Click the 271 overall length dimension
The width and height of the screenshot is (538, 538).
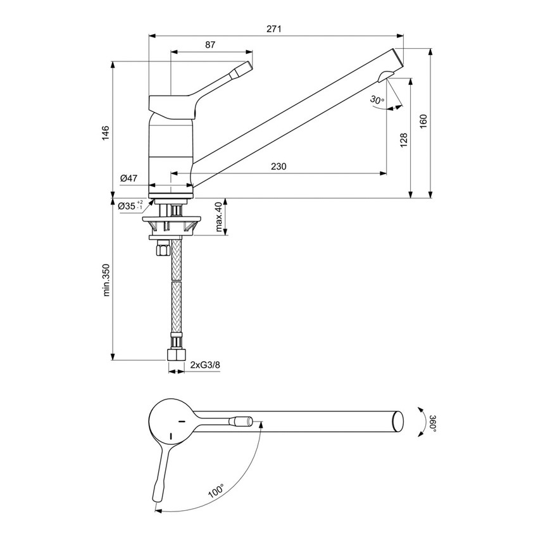tap(273, 29)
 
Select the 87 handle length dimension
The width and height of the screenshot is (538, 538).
tap(211, 45)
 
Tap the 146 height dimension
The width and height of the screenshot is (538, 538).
tap(106, 132)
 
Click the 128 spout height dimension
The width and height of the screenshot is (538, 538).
tap(403, 140)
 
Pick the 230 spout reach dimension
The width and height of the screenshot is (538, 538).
tap(278, 166)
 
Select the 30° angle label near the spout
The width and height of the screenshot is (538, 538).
tap(377, 100)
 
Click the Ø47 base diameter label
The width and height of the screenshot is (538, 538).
tap(128, 178)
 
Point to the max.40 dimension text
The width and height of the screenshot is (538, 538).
tap(219, 216)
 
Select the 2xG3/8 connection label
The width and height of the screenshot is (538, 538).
tap(206, 365)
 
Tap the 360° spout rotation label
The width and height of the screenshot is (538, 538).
tap(432, 422)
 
